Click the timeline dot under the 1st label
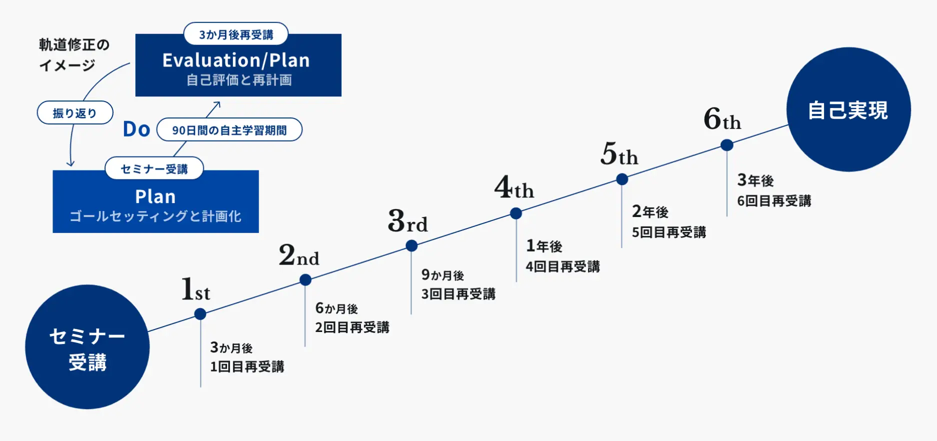click(200, 314)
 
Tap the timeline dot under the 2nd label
click(305, 280)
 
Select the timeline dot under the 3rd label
click(411, 245)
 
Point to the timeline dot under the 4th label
click(516, 213)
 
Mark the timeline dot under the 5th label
click(622, 179)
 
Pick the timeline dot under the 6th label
click(727, 145)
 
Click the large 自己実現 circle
click(848, 109)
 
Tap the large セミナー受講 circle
click(87, 347)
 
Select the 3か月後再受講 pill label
click(236, 34)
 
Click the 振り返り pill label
click(75, 113)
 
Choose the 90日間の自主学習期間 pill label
click(229, 130)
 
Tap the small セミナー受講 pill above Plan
click(154, 169)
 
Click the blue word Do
click(136, 129)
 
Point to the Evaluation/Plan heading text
click(236, 60)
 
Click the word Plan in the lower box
click(155, 196)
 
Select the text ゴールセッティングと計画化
click(155, 216)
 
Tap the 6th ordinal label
click(722, 119)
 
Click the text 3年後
click(755, 180)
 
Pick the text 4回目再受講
click(562, 266)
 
